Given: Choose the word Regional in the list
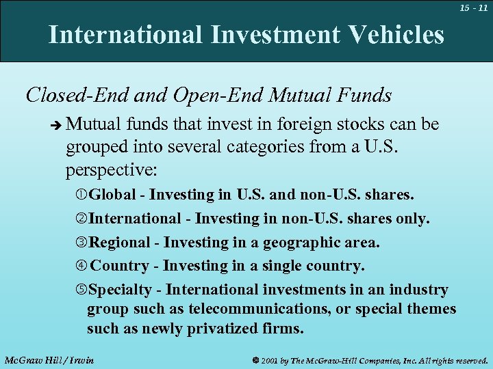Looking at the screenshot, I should click(120, 243).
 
